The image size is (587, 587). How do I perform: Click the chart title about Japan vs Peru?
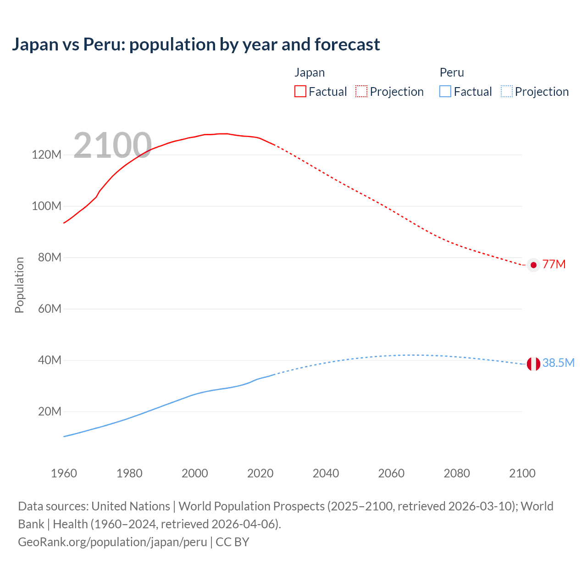pos(196,44)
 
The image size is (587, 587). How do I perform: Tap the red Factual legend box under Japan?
pos(300,91)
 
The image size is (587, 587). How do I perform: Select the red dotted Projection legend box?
pos(361,91)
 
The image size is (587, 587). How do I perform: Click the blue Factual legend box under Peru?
pos(445,91)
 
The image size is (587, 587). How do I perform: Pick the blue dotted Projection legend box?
pos(506,91)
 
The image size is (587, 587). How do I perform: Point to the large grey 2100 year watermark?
pos(112,145)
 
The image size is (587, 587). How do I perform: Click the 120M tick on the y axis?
pos(46,155)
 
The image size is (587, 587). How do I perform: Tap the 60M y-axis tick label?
pos(50,309)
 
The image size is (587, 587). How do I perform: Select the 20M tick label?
pos(50,411)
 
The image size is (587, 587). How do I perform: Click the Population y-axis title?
pos(19,285)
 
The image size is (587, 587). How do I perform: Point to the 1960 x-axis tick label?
pos(64,473)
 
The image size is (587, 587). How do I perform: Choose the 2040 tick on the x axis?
pos(326,473)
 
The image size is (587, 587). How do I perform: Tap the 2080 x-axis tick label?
pos(457,473)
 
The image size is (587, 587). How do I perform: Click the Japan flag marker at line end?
pos(533,265)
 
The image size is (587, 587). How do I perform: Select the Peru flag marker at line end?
pos(533,364)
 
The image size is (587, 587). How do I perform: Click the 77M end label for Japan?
pos(554,265)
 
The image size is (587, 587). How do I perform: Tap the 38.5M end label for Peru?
pos(558,363)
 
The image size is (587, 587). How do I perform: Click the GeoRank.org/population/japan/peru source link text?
pos(112,542)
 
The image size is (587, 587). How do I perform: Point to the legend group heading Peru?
pos(452,72)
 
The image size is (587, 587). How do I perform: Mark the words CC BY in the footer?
pos(233,542)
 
